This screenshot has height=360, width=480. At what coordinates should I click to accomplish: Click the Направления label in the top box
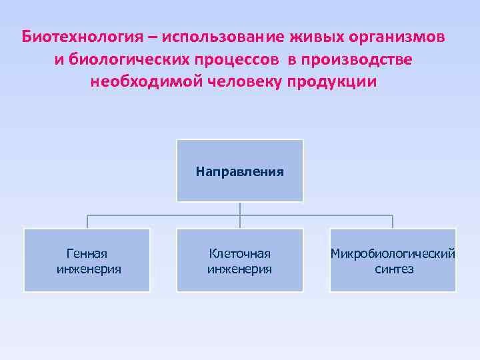240,171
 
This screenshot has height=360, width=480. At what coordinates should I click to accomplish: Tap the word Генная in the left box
87,253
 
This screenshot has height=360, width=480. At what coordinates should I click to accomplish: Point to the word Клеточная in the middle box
240,253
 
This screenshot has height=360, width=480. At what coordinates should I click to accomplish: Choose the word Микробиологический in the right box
393,253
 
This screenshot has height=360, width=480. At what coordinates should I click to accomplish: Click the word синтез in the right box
393,269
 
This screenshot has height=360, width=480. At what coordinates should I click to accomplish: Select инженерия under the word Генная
87,269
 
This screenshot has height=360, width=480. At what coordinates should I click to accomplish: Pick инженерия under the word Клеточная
240,269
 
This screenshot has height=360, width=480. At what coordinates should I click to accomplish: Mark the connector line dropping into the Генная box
87,222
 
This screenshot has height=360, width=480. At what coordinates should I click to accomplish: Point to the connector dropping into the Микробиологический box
393,222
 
